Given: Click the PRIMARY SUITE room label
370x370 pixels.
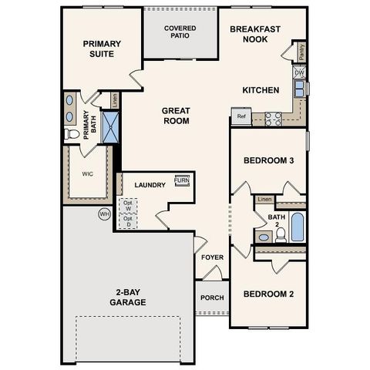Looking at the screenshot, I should click(103, 49).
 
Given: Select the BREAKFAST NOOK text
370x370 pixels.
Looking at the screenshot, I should click(255, 33).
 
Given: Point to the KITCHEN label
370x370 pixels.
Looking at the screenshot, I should click(261, 90).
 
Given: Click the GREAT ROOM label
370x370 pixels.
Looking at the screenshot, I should click(176, 116).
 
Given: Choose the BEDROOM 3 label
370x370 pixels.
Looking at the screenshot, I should click(269, 160).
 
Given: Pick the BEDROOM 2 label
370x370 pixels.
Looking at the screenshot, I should click(269, 294).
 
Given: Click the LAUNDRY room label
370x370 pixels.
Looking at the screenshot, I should click(150, 185).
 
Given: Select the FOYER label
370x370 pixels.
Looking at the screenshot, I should click(212, 257).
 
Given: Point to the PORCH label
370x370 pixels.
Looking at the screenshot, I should click(212, 298).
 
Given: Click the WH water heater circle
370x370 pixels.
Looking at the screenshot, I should click(103, 214).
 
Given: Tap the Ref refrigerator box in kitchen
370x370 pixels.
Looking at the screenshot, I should click(241, 117).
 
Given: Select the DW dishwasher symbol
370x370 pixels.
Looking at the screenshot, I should click(299, 72).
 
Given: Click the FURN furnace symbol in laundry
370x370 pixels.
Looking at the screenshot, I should click(182, 182).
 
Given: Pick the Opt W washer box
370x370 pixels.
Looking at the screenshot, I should click(127, 206).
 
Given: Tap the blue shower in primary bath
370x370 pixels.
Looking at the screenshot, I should click(112, 127).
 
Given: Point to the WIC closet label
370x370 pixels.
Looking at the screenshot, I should click(87, 173).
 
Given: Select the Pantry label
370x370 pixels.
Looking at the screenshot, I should click(301, 52).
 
